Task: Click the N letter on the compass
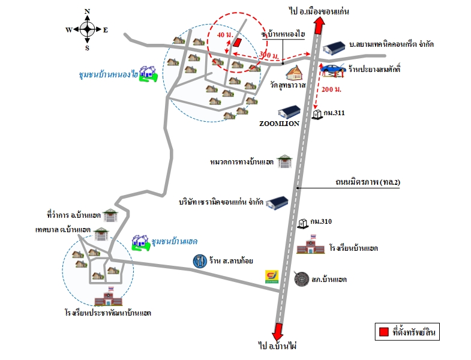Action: coord(87,11)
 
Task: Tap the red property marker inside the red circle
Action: coord(238,43)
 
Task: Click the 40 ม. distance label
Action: coord(225,35)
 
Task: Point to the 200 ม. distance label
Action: coord(331,89)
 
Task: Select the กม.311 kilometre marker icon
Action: coord(317,115)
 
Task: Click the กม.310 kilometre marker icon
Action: coord(303,224)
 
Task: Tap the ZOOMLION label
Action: coord(280,124)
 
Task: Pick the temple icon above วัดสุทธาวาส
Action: coord(294,73)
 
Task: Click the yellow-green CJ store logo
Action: coord(272,277)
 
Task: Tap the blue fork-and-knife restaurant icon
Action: coord(200,261)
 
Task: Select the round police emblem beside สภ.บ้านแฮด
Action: coord(302,279)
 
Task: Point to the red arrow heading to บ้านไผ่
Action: coord(278,332)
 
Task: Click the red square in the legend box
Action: coord(384,332)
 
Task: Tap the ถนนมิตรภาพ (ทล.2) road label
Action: coord(368,182)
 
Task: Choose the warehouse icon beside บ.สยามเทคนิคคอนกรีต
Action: coord(334,49)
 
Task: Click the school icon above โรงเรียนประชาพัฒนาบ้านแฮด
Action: coord(109,296)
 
